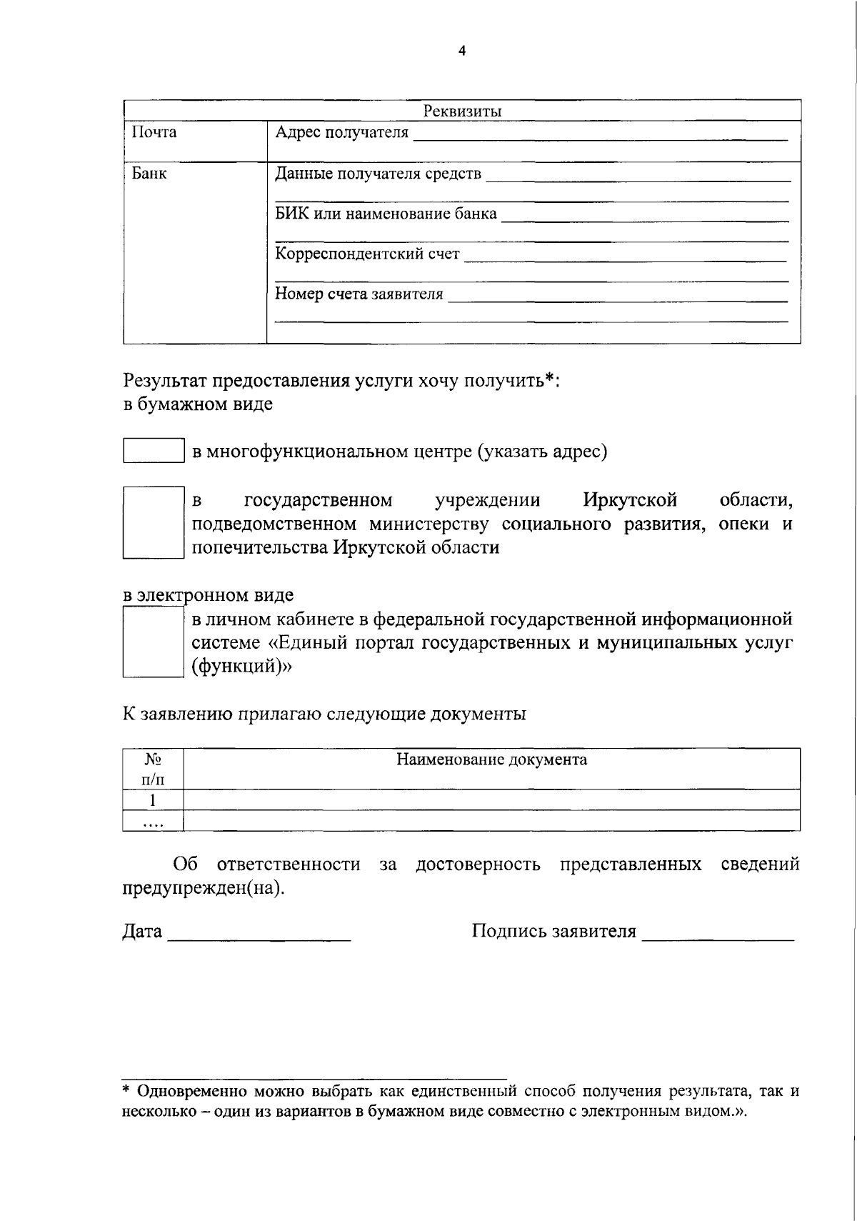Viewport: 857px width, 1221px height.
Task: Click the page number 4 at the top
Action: click(461, 51)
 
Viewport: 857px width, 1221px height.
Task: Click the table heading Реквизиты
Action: click(462, 111)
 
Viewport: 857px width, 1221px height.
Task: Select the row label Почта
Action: click(154, 132)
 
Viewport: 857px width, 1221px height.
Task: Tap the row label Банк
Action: click(149, 173)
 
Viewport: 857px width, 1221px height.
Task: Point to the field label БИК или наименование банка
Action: click(386, 214)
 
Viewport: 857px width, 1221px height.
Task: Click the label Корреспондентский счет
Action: click(368, 254)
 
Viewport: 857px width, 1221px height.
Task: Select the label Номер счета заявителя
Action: click(359, 294)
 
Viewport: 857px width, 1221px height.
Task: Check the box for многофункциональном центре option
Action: click(154, 451)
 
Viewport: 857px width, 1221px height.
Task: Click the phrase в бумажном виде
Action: click(198, 404)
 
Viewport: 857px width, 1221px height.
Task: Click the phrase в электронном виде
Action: click(208, 594)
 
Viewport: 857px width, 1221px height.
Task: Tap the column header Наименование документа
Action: click(491, 759)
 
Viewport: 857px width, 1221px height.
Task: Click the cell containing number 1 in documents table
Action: click(153, 799)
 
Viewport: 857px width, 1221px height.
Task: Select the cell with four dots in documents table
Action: click(153, 821)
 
